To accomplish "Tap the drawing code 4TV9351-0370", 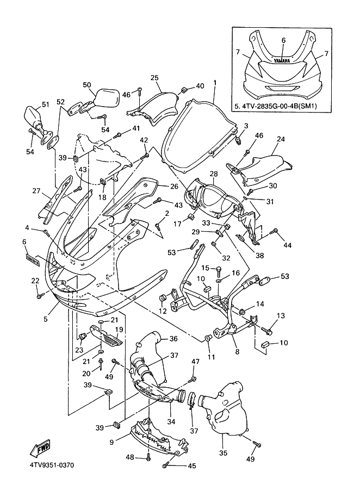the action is [52, 465].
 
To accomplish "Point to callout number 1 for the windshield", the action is [215, 83].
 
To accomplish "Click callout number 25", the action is [154, 78].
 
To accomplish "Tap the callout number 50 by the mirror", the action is [87, 85].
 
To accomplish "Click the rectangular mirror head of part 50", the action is [108, 98].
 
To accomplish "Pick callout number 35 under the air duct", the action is [223, 453].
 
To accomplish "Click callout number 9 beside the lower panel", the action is [111, 442].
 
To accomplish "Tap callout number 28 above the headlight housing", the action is [214, 173].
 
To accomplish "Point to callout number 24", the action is [281, 139].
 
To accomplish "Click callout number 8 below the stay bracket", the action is [237, 351].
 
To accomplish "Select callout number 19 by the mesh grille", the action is [119, 330].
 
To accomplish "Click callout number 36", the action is [173, 339].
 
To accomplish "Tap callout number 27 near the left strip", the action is [36, 191].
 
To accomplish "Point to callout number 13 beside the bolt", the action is [281, 316].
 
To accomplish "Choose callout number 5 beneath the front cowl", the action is [46, 319].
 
